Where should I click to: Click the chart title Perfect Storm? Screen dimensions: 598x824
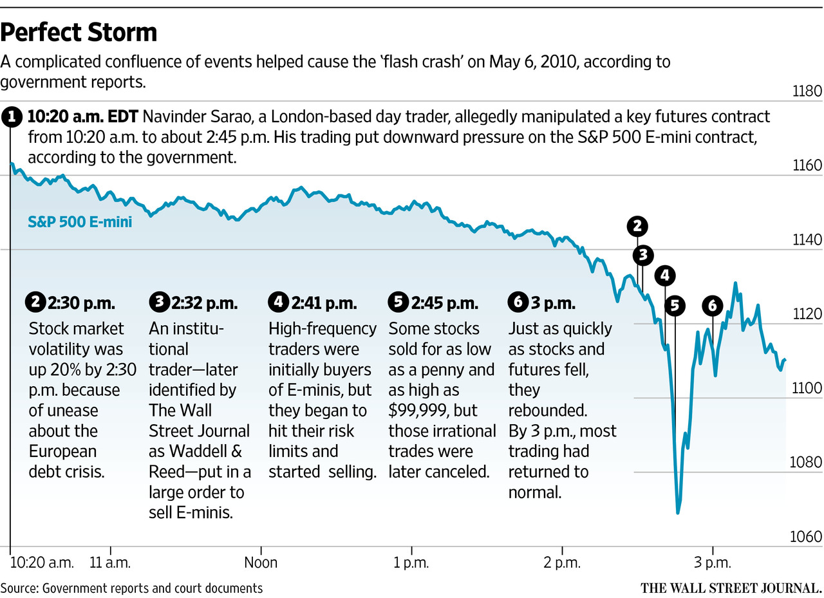pyautogui.click(x=79, y=32)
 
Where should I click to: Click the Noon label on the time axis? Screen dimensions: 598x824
pyautogui.click(x=261, y=563)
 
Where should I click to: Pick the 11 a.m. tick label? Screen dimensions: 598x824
pyautogui.click(x=111, y=563)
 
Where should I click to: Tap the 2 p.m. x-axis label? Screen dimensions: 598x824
pyautogui.click(x=562, y=563)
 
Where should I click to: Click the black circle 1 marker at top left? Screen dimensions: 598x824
pyautogui.click(x=11, y=118)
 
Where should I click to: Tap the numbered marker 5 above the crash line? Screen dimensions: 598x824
pyautogui.click(x=675, y=306)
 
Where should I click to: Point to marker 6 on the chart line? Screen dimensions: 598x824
pyautogui.click(x=712, y=306)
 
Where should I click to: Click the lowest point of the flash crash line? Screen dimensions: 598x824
pyautogui.click(x=677, y=512)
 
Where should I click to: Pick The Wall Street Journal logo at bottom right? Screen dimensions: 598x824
pyautogui.click(x=731, y=588)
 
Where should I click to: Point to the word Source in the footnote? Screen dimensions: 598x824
pyautogui.click(x=19, y=588)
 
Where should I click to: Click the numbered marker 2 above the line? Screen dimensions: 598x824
pyautogui.click(x=637, y=226)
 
